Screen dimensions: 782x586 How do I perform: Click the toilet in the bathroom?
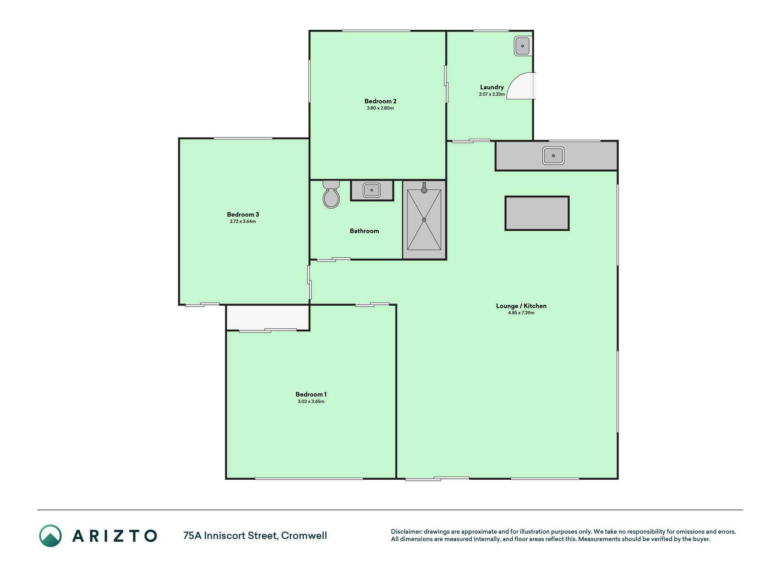pyautogui.click(x=331, y=195)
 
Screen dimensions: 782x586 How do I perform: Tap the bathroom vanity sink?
pyautogui.click(x=372, y=190)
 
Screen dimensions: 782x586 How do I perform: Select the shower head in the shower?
pyautogui.click(x=424, y=188)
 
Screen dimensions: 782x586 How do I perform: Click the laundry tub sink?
pyautogui.click(x=522, y=46)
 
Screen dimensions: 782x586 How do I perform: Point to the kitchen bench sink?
pyautogui.click(x=553, y=156)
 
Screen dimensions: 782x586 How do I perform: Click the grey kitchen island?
pyautogui.click(x=537, y=213)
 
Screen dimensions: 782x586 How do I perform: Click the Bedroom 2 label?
pyautogui.click(x=380, y=101)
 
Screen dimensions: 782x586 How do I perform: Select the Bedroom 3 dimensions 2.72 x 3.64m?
pyautogui.click(x=243, y=222)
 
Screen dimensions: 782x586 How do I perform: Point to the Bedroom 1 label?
pyautogui.click(x=311, y=394)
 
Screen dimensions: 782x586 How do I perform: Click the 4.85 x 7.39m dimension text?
pyautogui.click(x=521, y=313)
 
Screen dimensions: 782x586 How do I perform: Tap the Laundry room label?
pyautogui.click(x=492, y=87)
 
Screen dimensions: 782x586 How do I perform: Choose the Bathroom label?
pyautogui.click(x=364, y=231)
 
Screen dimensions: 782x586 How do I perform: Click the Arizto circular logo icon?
pyautogui.click(x=50, y=536)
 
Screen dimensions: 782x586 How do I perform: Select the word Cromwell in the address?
pyautogui.click(x=304, y=536)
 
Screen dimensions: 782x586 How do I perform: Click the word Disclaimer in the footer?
pyautogui.click(x=406, y=532)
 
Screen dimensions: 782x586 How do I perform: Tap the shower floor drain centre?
pyautogui.click(x=424, y=220)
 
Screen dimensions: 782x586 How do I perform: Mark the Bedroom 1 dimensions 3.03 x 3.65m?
pyautogui.click(x=311, y=402)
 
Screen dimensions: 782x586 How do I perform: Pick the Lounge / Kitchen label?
pyautogui.click(x=521, y=306)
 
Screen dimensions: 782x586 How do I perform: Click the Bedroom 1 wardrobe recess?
pyautogui.click(x=268, y=317)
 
